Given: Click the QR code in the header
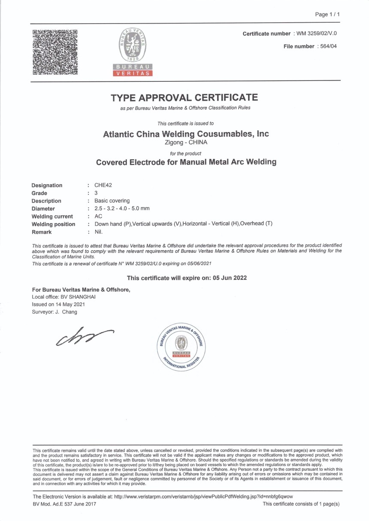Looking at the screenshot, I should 55,52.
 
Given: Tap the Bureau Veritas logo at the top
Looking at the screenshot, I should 133,51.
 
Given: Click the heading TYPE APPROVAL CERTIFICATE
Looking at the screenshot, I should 184,98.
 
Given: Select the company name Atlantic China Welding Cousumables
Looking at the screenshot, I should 186,134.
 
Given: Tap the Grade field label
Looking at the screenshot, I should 39,193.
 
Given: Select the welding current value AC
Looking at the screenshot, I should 98,216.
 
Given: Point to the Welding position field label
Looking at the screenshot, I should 53,224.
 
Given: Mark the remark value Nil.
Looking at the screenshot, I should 99,232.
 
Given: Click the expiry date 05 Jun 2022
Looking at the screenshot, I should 228,278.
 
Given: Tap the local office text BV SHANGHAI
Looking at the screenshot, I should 78,296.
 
